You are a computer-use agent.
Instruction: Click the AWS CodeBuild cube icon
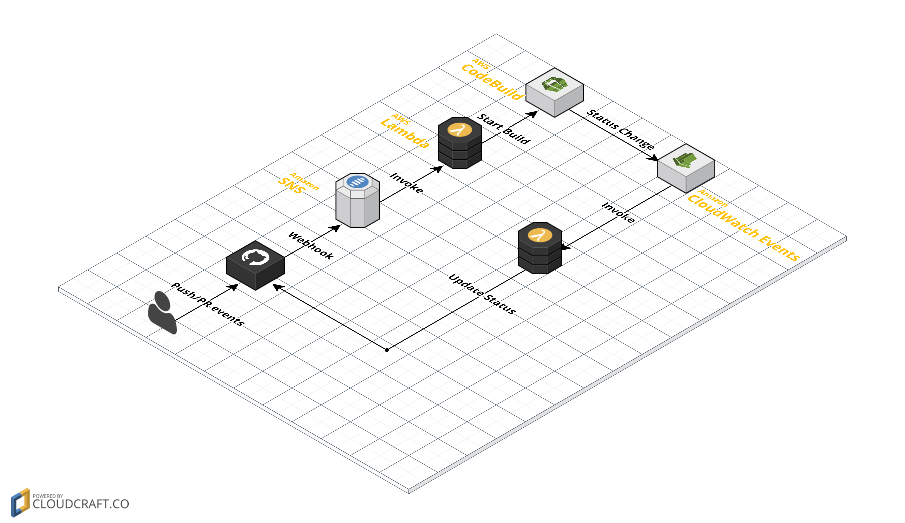click(554, 92)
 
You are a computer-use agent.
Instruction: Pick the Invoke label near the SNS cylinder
click(406, 183)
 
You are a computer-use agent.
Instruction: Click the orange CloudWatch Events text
click(743, 228)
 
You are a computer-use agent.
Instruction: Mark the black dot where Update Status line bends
click(387, 350)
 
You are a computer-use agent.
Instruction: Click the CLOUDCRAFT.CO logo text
click(81, 504)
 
